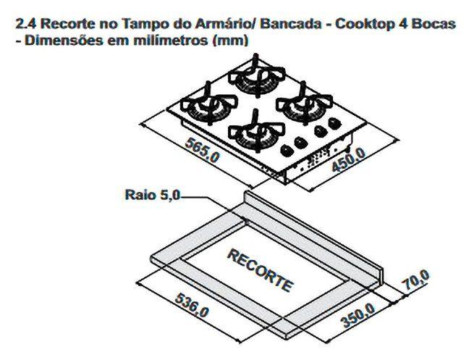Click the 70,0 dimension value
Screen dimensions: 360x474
pyautogui.click(x=418, y=281)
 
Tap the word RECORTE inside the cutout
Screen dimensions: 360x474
pyautogui.click(x=261, y=269)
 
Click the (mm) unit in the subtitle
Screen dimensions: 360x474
pyautogui.click(x=232, y=41)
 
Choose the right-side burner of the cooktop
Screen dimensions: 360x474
pyautogui.click(x=300, y=105)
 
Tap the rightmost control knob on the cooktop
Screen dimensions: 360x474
pyautogui.click(x=334, y=124)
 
